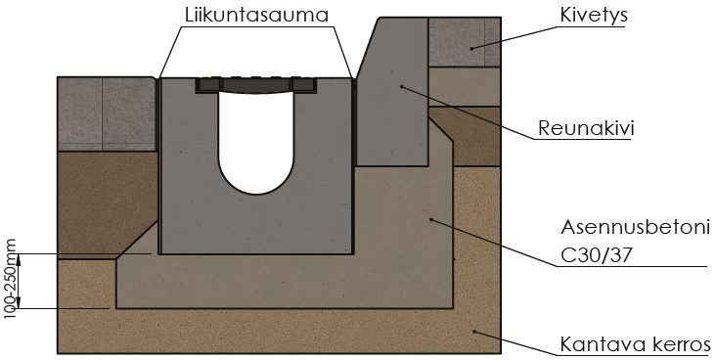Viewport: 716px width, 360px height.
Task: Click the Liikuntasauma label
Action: point(256,14)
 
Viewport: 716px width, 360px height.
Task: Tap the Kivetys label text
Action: point(594,15)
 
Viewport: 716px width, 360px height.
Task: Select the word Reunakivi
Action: point(586,128)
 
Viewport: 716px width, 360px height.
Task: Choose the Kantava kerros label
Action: point(636,344)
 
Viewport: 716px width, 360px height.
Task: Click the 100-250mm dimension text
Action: point(10,279)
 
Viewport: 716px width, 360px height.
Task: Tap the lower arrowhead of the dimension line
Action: point(19,302)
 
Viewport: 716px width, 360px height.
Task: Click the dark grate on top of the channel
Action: point(256,85)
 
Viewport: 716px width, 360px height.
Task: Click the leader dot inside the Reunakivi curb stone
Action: point(401,85)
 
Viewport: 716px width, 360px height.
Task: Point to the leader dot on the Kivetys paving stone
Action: point(472,48)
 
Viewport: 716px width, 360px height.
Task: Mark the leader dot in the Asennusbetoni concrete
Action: point(431,220)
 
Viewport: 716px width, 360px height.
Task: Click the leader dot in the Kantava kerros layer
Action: point(474,332)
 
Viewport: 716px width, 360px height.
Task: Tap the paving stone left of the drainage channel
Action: point(107,113)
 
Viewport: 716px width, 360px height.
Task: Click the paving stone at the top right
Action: point(465,42)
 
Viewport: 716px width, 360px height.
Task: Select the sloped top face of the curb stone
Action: point(368,48)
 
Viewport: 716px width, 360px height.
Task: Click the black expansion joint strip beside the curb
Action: point(354,121)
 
